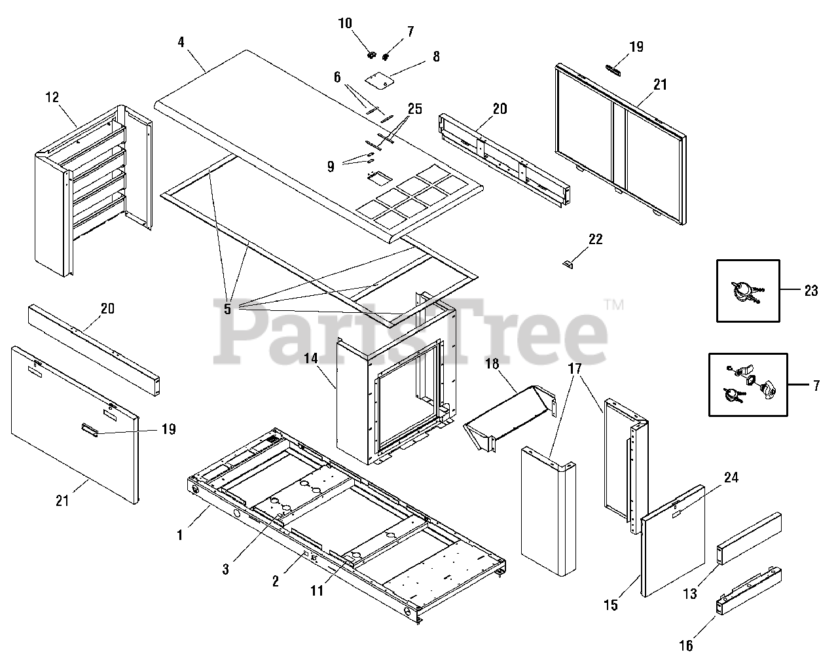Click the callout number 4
pyautogui.click(x=180, y=42)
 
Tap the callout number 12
pyautogui.click(x=52, y=98)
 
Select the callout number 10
pyautogui.click(x=346, y=24)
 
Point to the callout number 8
pyautogui.click(x=435, y=56)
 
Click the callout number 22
pyautogui.click(x=595, y=239)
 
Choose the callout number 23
pyautogui.click(x=811, y=291)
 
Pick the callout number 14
pyautogui.click(x=310, y=358)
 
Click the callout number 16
pyautogui.click(x=685, y=645)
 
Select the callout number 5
pyautogui.click(x=228, y=308)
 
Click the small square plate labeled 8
pyautogui.click(x=378, y=81)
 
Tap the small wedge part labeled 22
pyautogui.click(x=568, y=264)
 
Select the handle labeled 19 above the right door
pyautogui.click(x=615, y=70)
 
